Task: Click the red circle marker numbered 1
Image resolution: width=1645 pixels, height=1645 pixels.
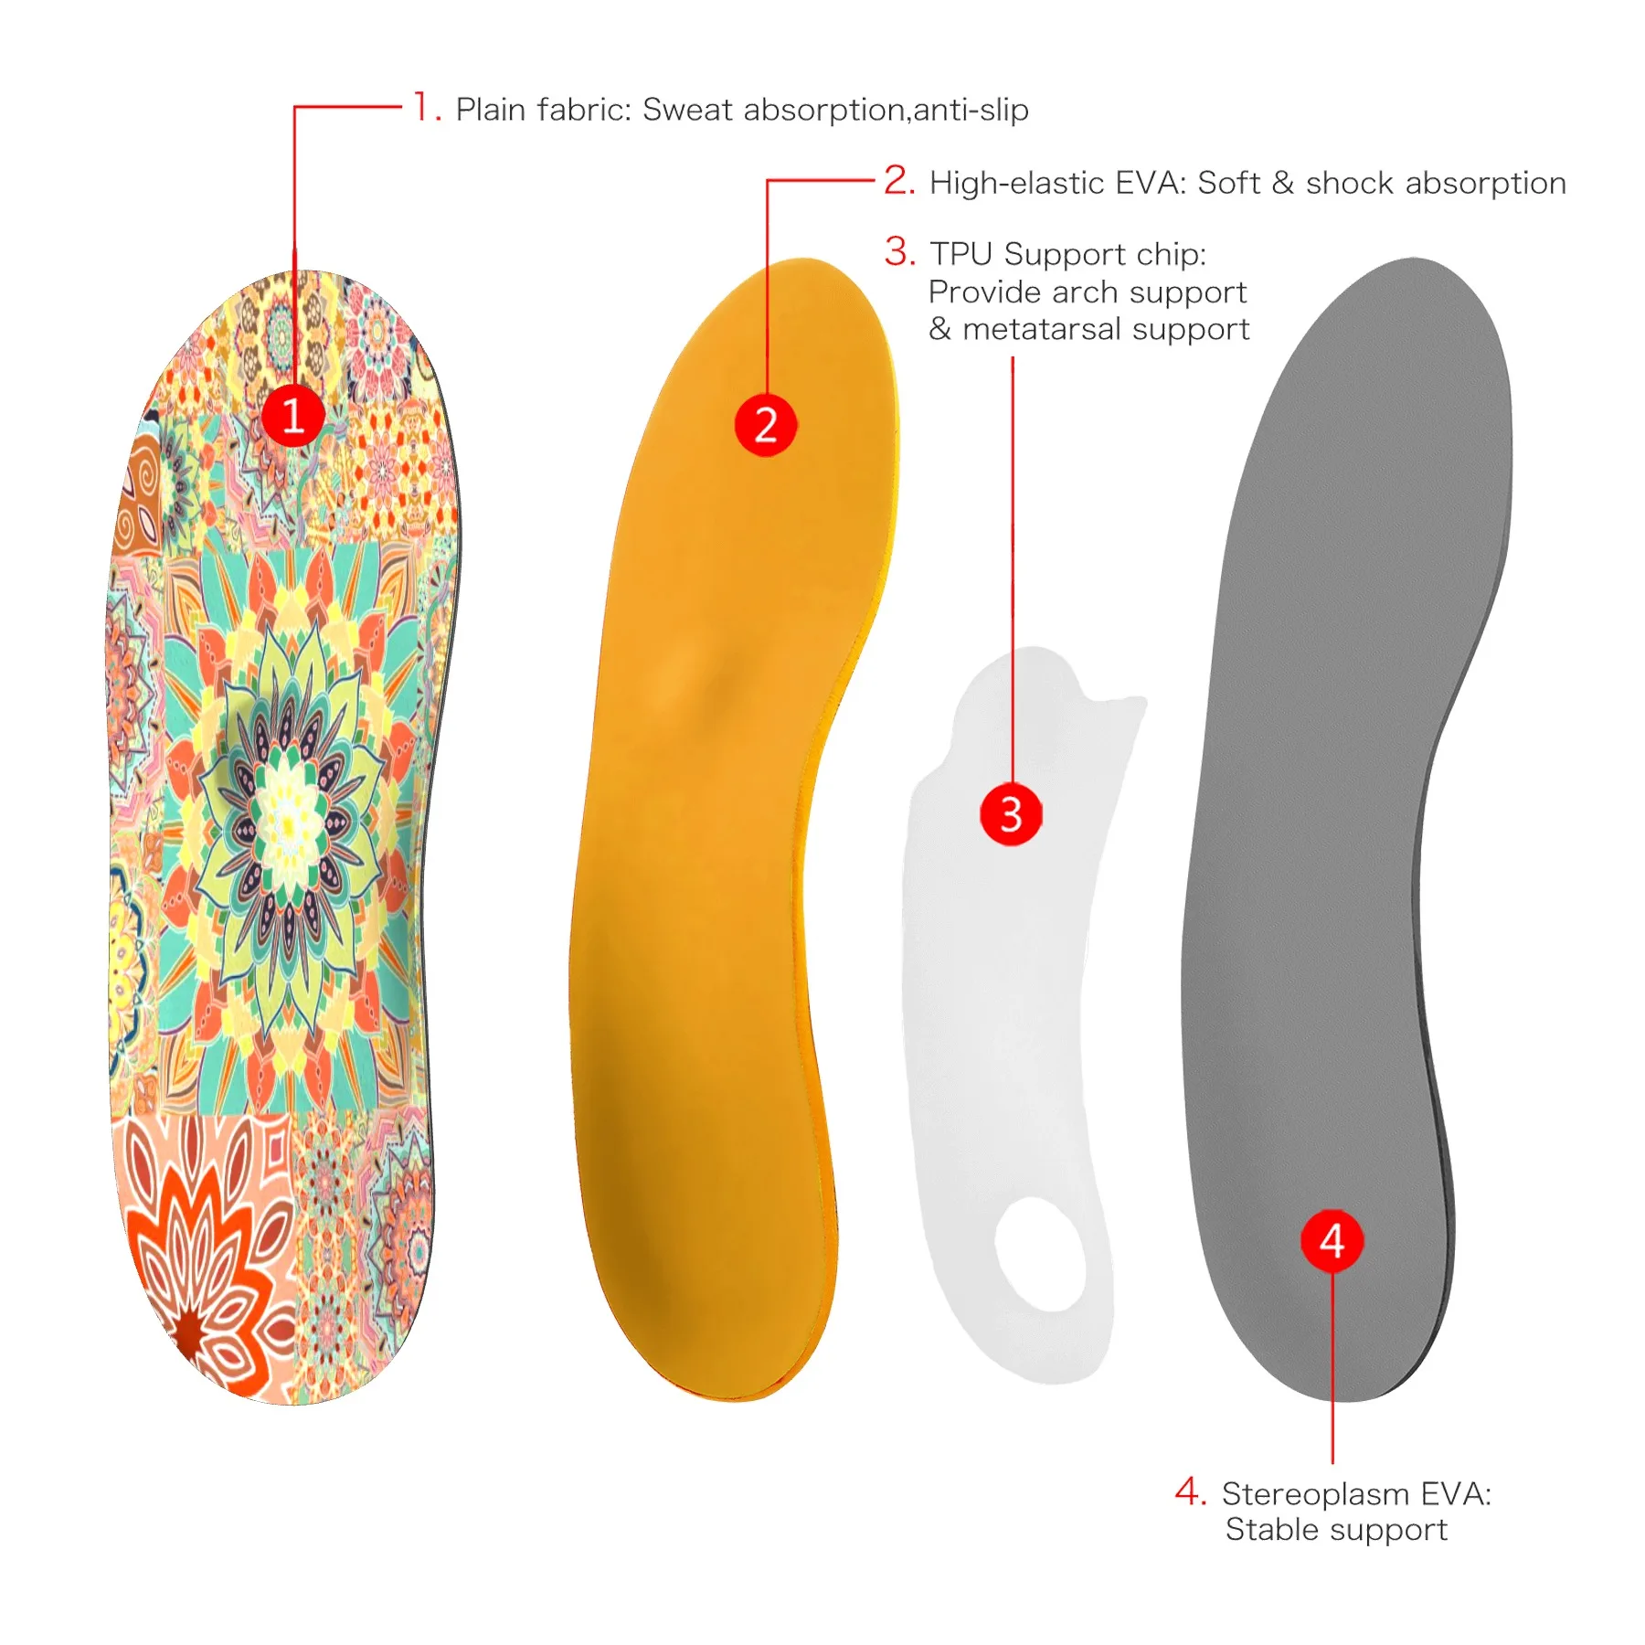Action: [x=293, y=416]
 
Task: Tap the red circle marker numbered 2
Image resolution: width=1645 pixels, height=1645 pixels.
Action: [x=766, y=425]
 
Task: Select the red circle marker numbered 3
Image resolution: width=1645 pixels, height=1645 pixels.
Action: [x=1011, y=813]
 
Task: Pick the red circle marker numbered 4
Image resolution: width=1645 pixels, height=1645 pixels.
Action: [x=1332, y=1240]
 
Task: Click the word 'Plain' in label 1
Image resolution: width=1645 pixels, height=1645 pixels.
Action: [x=493, y=110]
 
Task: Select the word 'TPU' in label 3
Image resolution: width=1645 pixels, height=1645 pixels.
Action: [x=962, y=254]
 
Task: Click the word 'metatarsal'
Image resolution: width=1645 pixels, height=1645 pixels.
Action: [x=1042, y=329]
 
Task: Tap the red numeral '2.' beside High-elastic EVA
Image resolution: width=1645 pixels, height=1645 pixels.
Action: [x=899, y=180]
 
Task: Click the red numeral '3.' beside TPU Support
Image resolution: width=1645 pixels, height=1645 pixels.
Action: [x=899, y=251]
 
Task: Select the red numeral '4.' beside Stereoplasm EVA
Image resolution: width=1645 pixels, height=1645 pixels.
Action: [x=1191, y=1491]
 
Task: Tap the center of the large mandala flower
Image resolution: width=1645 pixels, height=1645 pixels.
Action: [x=287, y=825]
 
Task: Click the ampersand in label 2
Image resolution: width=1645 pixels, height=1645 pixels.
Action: [x=1282, y=183]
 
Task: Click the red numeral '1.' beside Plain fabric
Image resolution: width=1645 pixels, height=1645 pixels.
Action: [x=427, y=107]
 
